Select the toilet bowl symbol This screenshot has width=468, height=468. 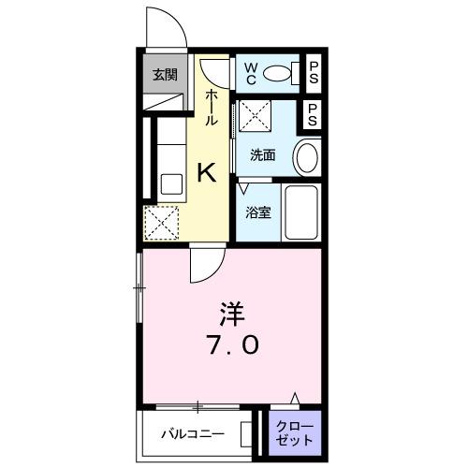tap(278, 73)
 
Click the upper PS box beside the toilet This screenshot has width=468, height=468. tap(314, 73)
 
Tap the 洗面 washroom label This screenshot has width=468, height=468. tap(263, 154)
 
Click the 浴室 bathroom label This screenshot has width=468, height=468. tap(258, 212)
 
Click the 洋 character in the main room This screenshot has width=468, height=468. tap(232, 311)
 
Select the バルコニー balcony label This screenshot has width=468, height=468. tap(190, 434)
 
